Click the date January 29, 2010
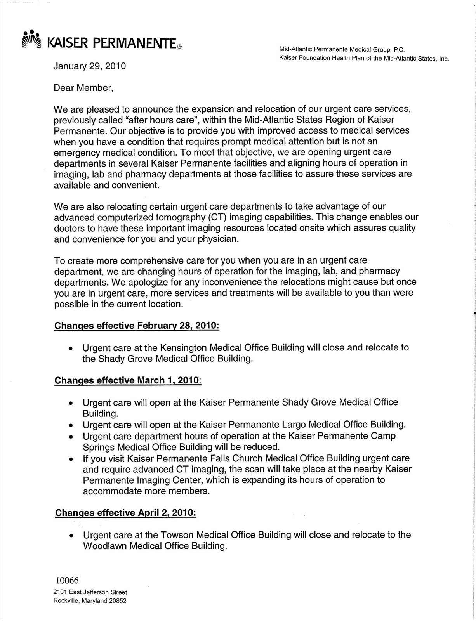[89, 66]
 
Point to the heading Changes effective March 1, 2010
[128, 380]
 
